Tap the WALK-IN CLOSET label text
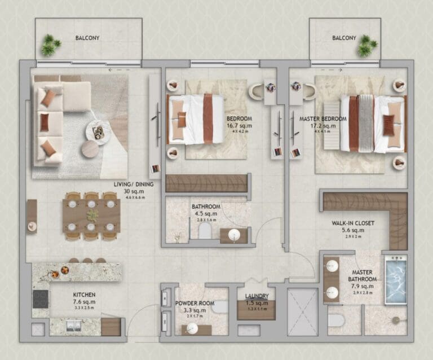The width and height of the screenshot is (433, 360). pyautogui.click(x=353, y=223)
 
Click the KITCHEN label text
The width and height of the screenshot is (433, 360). pyautogui.click(x=84, y=295)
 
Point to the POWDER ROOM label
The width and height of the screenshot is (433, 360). pyautogui.click(x=195, y=303)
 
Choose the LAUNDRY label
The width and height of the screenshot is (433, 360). pyautogui.click(x=257, y=296)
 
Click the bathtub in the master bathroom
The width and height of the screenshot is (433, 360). pyautogui.click(x=395, y=280)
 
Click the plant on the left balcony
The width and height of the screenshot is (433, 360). pyautogui.click(x=50, y=46)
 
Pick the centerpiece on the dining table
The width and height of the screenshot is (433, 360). pyautogui.click(x=92, y=216)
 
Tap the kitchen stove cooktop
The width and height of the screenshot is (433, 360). pyautogui.click(x=41, y=298)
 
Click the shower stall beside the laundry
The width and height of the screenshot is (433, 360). pyautogui.click(x=303, y=313)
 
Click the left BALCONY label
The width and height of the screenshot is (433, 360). pyautogui.click(x=87, y=38)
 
